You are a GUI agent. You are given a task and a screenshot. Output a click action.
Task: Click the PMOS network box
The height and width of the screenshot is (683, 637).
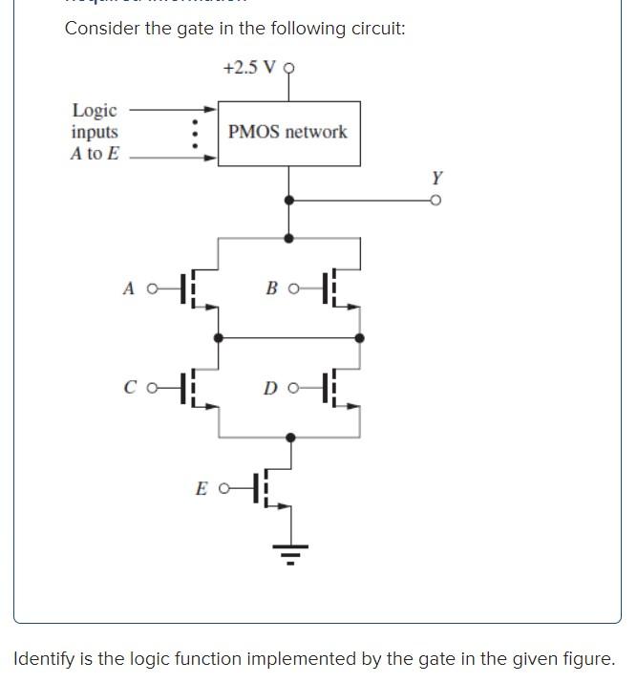click(288, 133)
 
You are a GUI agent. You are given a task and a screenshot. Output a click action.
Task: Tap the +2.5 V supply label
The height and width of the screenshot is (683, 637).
click(251, 68)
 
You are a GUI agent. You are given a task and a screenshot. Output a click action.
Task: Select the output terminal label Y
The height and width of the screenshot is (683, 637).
click(436, 178)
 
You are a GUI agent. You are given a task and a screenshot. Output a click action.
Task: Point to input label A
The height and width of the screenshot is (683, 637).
click(128, 288)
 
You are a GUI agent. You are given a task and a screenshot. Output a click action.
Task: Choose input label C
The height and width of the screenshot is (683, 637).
click(129, 388)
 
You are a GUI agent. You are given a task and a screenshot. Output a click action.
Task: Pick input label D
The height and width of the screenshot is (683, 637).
click(271, 388)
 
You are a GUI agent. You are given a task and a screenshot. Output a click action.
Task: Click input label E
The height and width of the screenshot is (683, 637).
click(201, 489)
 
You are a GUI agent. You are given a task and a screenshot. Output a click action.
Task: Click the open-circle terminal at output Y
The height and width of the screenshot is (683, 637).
click(435, 201)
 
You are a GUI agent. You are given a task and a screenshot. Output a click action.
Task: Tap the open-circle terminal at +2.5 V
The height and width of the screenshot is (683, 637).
click(289, 68)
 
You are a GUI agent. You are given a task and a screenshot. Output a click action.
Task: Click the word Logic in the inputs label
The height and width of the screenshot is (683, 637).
click(95, 111)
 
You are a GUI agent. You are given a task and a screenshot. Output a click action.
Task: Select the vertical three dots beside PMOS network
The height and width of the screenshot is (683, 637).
click(195, 134)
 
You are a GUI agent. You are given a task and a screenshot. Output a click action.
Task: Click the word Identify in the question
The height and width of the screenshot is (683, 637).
click(46, 659)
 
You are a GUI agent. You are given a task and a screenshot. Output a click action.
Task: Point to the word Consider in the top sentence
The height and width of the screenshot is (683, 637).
click(102, 28)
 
